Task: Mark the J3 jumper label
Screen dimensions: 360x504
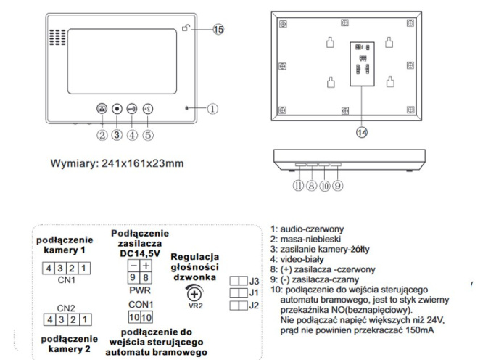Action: [255, 280]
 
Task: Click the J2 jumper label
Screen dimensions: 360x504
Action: [255, 306]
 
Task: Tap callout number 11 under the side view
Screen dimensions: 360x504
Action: [298, 186]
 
